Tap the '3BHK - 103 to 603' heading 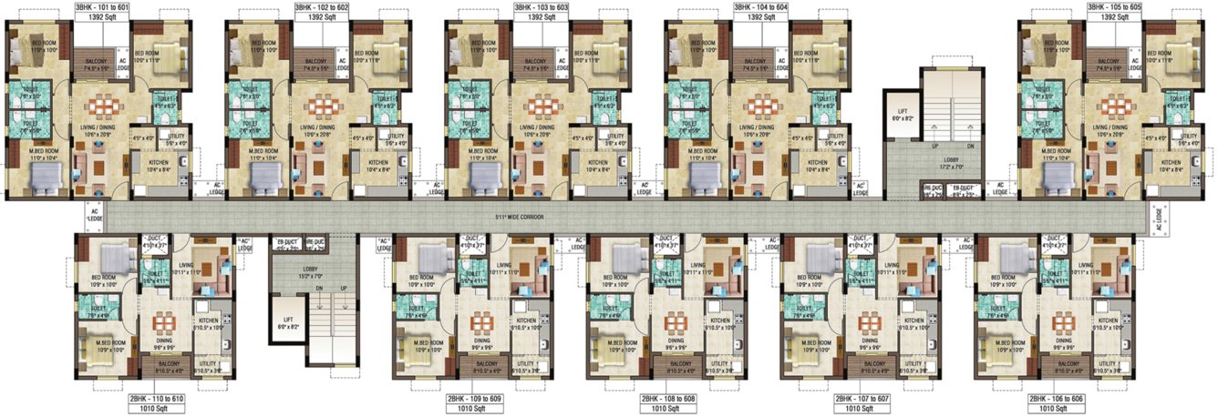pos(539,5)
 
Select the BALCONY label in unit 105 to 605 pos(1109,63)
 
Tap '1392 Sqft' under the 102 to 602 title pos(318,17)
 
